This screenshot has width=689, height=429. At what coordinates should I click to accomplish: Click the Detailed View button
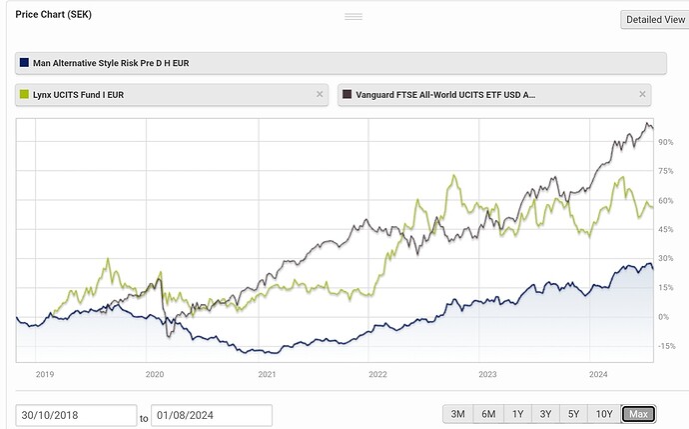[654, 19]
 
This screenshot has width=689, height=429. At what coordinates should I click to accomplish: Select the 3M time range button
[458, 414]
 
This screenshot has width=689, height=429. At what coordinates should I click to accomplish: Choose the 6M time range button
[488, 414]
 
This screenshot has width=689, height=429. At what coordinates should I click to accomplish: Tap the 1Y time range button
[517, 414]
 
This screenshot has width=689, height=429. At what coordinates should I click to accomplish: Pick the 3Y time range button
[545, 414]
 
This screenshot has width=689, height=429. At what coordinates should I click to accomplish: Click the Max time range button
[638, 414]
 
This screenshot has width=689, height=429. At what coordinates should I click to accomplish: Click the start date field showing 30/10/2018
[76, 415]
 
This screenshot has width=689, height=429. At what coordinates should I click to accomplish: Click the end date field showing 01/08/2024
[212, 415]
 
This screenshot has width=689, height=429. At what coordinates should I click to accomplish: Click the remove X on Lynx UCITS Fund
[320, 94]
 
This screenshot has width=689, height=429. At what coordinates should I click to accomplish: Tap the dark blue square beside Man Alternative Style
[24, 63]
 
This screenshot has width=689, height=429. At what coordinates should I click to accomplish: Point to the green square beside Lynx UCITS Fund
[24, 94]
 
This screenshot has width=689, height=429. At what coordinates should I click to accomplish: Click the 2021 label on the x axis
[267, 374]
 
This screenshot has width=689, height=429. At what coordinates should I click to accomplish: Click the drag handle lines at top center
[352, 17]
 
